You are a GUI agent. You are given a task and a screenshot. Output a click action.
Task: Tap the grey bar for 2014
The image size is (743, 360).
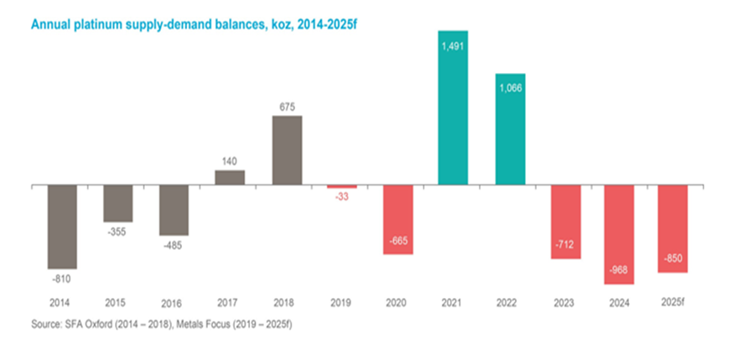(x=63, y=225)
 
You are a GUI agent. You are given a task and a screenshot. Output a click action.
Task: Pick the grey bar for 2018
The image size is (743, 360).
(x=286, y=149)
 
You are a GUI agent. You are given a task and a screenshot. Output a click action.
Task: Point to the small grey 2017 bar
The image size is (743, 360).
(x=230, y=177)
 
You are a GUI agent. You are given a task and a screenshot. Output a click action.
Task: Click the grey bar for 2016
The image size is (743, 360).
(x=174, y=209)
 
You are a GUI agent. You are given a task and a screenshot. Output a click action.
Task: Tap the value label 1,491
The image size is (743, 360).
(x=454, y=46)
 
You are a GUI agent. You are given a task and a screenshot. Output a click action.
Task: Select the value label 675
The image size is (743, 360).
(x=286, y=107)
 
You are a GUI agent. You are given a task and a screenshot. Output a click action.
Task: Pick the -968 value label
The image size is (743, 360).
(x=621, y=269)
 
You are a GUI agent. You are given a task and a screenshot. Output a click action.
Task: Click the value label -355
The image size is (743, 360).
(x=118, y=231)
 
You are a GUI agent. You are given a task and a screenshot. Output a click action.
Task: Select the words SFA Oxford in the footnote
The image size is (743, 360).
(x=90, y=324)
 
